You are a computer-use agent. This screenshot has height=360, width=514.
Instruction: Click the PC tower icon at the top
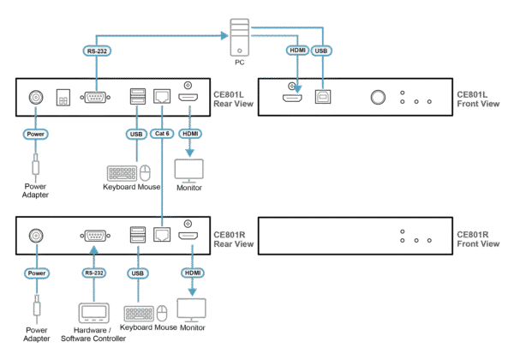pos(239,39)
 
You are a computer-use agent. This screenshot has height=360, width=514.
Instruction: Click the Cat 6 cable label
pos(161,134)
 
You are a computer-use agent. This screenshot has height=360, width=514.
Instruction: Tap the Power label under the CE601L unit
pos(35,135)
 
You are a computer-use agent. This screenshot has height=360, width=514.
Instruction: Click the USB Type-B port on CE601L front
pos(324,99)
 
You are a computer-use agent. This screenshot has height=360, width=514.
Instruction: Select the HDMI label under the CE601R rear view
pos(191,273)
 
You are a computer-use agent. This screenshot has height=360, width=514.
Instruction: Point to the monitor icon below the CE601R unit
pos(190,309)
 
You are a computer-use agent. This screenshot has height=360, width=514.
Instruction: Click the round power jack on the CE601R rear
pos(37,235)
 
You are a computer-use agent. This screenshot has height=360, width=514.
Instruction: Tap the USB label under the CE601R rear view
pos(135,273)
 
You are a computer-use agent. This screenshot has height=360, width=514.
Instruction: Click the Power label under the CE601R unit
pos(35,273)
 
